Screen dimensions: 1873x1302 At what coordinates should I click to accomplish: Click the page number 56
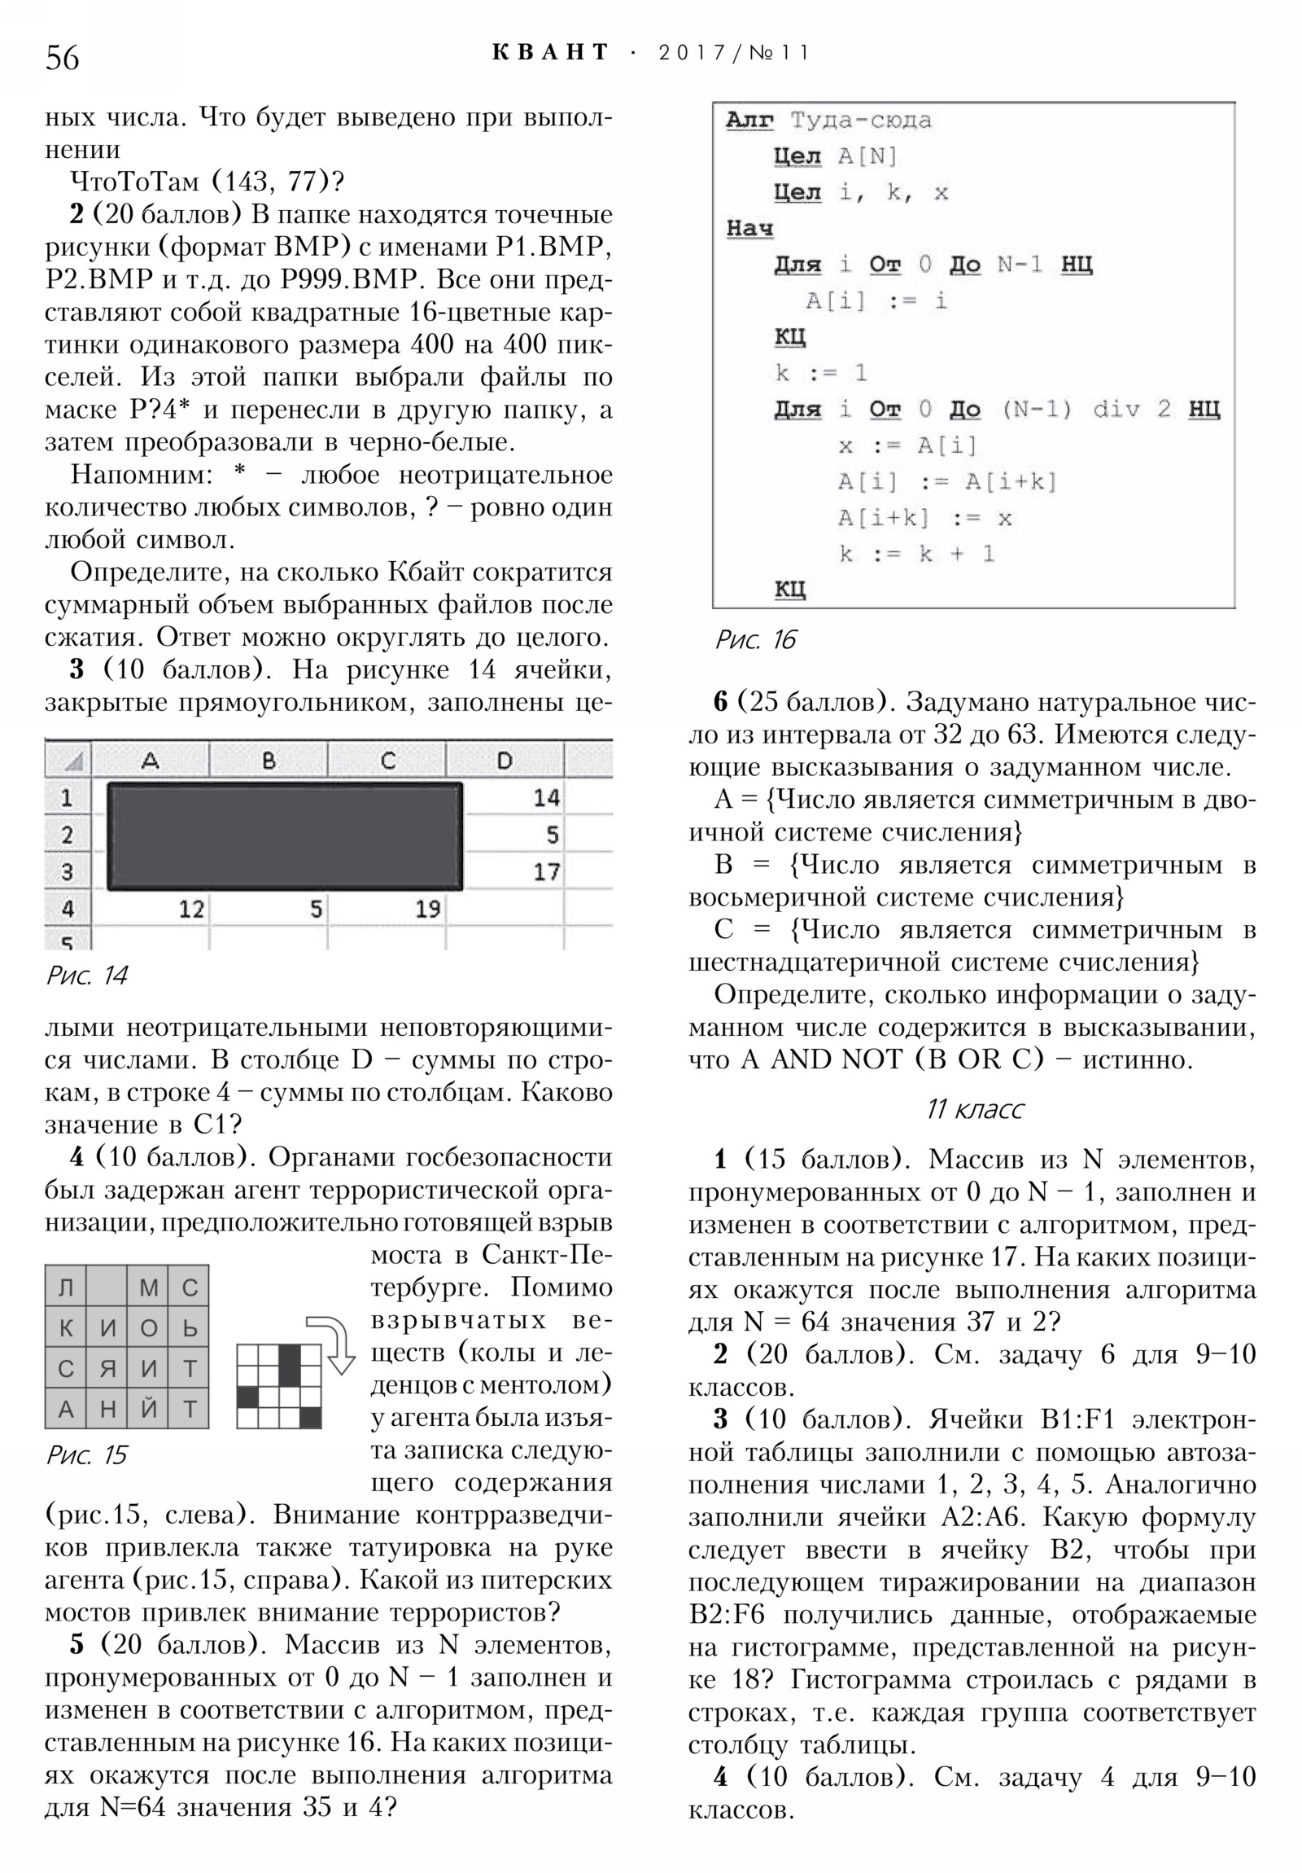point(63,58)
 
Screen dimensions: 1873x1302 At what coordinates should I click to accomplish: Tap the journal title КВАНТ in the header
point(551,53)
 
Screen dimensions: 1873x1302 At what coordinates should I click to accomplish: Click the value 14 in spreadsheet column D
point(545,797)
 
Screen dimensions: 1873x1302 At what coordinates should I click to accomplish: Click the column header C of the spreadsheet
point(387,761)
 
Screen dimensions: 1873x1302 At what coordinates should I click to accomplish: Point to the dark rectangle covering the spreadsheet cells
point(285,836)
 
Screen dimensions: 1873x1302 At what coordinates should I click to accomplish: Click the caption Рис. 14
point(87,975)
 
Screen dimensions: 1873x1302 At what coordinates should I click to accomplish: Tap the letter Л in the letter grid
point(66,1287)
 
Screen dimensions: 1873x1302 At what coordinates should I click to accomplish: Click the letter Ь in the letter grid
point(189,1328)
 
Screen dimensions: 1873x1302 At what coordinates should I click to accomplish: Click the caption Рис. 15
point(87,1454)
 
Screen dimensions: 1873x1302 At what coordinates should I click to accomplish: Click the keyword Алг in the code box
point(749,121)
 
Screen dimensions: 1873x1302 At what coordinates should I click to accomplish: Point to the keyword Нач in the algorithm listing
point(749,228)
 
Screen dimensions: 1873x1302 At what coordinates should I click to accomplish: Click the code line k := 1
point(820,374)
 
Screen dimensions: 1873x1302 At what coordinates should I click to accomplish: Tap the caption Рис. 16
point(755,639)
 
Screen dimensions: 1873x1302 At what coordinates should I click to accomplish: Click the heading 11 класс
point(974,1108)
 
